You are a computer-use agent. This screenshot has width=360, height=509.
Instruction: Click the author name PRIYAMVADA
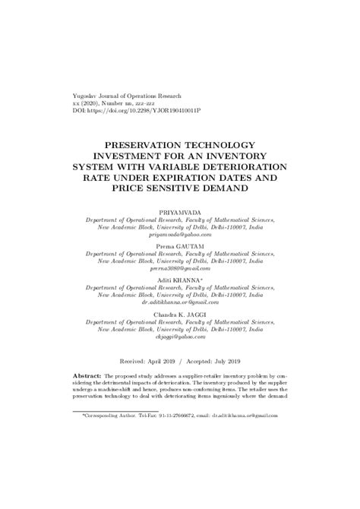tap(180, 207)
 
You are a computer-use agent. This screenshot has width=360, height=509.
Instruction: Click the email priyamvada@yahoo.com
tap(180, 236)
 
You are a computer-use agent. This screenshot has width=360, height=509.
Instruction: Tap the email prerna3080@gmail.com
tap(180, 272)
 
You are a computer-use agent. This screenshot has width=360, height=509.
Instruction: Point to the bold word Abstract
tap(86, 375)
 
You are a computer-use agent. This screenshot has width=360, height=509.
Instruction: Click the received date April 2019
tap(166, 362)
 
